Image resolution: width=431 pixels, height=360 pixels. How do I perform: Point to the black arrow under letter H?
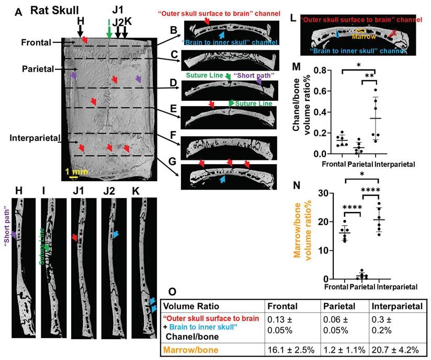81,30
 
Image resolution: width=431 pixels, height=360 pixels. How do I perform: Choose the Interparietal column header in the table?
394,307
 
